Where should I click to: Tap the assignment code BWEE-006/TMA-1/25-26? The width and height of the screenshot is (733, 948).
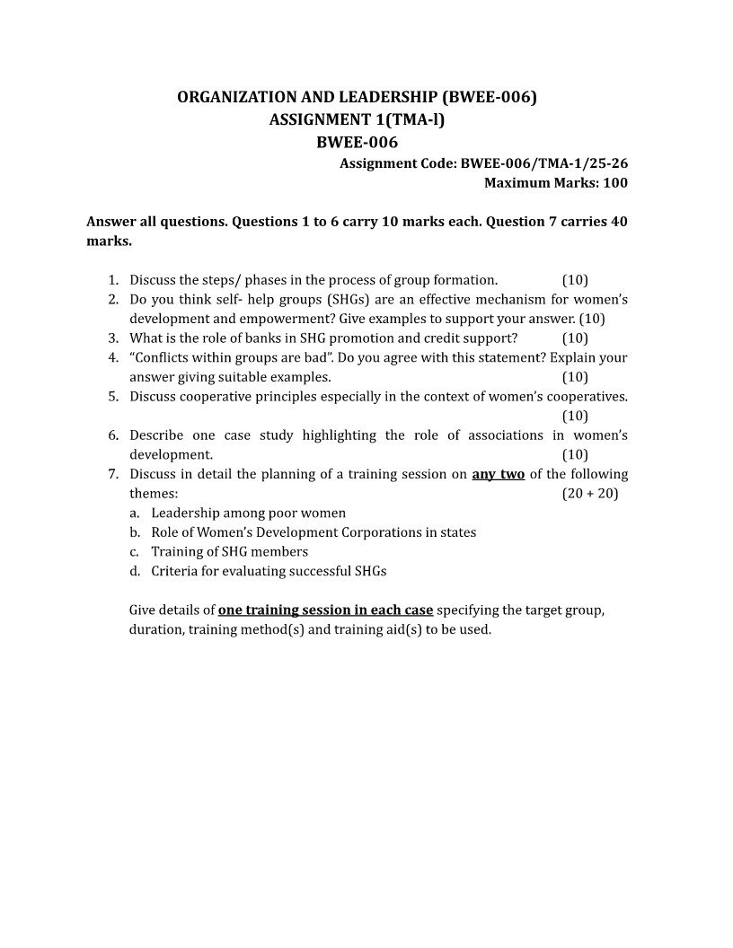point(543,163)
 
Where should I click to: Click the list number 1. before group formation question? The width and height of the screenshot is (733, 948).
point(114,280)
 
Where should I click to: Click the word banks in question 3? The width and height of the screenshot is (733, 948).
point(239,338)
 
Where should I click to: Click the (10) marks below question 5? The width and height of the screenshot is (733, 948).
point(575,416)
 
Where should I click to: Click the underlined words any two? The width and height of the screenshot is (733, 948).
point(498,474)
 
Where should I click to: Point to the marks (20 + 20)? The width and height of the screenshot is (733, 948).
point(590,494)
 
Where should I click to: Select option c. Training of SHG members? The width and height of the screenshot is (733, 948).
point(229,552)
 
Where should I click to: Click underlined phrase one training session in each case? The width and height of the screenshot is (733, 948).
point(326,610)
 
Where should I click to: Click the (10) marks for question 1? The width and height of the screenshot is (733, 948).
point(575,280)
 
